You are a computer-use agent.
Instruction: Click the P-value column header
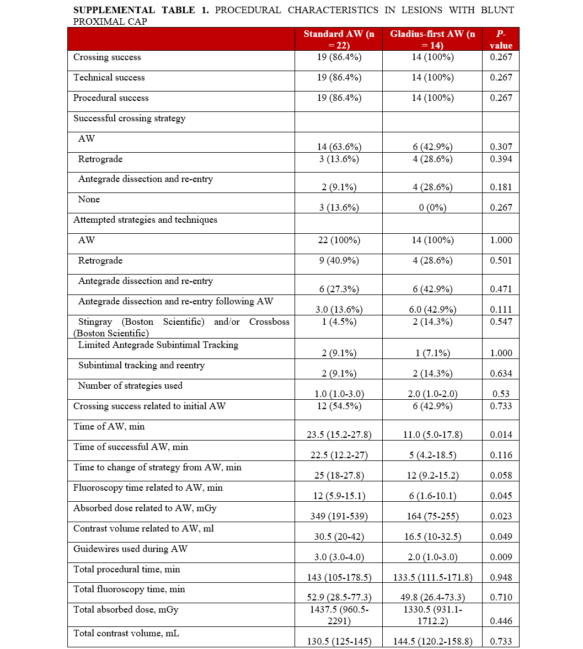(501, 40)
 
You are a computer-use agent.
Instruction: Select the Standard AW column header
(339, 40)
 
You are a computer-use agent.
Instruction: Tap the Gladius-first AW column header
(432, 40)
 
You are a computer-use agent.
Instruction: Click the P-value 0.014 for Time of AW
(501, 435)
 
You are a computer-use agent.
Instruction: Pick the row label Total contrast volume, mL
(126, 633)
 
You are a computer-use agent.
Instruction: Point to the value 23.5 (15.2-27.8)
(339, 435)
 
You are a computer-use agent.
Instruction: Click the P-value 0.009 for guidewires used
(501, 557)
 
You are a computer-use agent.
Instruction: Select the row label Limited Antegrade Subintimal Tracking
(158, 345)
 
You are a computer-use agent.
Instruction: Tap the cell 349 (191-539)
(339, 516)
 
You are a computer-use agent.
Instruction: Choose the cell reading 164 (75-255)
(432, 516)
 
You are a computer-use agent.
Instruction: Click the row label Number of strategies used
(130, 385)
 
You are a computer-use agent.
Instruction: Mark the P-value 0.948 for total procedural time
(501, 577)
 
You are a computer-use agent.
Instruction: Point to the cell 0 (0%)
(432, 207)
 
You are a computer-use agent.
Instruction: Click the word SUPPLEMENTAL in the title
(104, 10)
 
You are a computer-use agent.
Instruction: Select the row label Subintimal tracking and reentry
(141, 365)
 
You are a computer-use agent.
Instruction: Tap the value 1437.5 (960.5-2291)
(339, 615)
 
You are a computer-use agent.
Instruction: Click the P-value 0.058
(501, 475)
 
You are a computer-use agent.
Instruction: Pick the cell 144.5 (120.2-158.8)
(432, 641)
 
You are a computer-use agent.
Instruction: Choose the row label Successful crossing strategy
(130, 118)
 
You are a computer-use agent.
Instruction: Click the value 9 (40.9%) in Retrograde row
(339, 260)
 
